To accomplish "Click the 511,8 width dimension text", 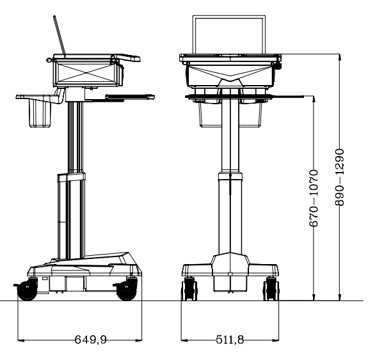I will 230,339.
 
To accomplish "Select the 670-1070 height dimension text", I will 314,198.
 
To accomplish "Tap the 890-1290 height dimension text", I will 340,177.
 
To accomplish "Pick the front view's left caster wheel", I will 189,288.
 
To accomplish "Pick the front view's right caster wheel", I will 271,288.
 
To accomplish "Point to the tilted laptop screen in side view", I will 59,36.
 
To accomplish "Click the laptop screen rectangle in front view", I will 230,36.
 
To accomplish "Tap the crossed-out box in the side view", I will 87,73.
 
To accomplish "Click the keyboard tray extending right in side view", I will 130,97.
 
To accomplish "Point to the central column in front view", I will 230,192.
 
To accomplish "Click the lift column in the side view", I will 74,192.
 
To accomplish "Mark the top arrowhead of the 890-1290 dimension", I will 340,57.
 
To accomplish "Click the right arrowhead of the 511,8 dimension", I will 278,340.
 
